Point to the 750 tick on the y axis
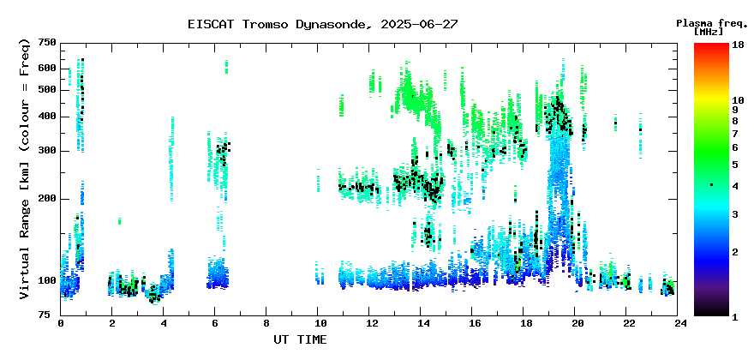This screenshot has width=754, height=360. point(47,44)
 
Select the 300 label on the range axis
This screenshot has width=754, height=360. point(47,151)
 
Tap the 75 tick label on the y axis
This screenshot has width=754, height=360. point(51,315)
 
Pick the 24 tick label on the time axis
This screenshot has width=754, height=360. point(677,323)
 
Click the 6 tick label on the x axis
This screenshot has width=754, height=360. point(215,323)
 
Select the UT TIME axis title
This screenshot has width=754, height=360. point(300,339)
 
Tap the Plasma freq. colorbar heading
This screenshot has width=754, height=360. point(712,23)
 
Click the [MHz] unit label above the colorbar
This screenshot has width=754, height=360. point(709,32)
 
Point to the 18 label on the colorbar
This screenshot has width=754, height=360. point(738,44)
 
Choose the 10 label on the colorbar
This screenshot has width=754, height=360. point(738,100)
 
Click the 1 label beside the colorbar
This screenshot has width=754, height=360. point(735,317)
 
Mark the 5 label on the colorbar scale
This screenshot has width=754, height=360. point(735,165)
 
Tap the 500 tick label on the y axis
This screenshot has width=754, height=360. point(47,90)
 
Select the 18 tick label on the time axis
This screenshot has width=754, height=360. point(523,323)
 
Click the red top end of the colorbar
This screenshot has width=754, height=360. point(711,45)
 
